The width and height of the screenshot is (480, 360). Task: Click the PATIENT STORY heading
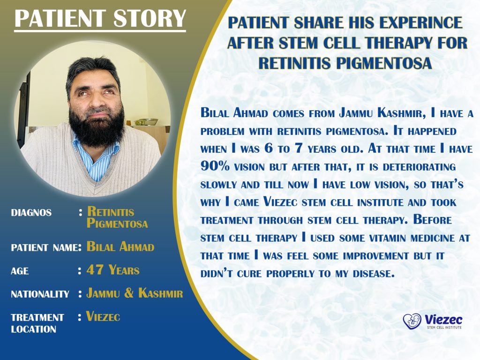pyautogui.click(x=100, y=19)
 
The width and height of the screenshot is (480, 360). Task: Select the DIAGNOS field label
pyautogui.click(x=31, y=212)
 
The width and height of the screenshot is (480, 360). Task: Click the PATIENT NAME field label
pyautogui.click(x=44, y=247)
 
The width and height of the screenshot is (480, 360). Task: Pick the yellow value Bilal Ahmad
pyautogui.click(x=120, y=247)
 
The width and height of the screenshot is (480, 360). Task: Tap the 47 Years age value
pyautogui.click(x=113, y=270)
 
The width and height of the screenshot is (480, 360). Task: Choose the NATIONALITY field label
pyautogui.click(x=40, y=294)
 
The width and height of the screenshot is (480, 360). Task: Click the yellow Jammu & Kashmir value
pyautogui.click(x=135, y=293)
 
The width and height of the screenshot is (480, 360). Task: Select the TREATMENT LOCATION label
pyautogui.click(x=37, y=323)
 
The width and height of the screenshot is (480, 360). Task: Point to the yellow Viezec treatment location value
pyautogui.click(x=103, y=317)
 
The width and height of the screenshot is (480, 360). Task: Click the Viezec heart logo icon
pyautogui.click(x=412, y=321)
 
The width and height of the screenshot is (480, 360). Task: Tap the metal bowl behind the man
pyautogui.click(x=146, y=121)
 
